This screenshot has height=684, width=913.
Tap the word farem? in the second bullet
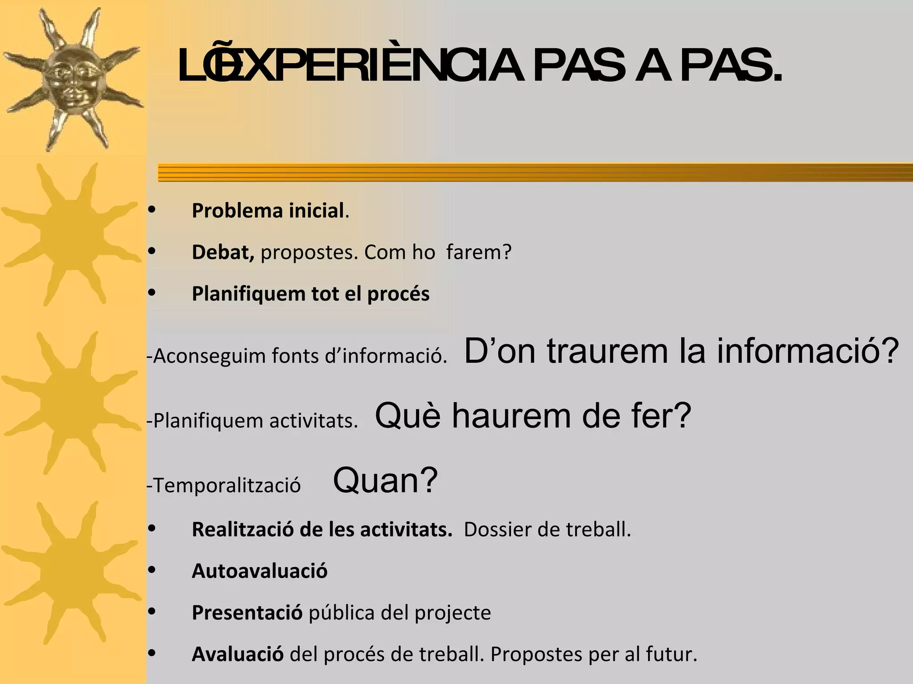479,252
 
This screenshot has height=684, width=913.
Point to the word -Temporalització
224,485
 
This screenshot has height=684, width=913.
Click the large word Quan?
385,480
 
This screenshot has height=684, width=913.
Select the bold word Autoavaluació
259,571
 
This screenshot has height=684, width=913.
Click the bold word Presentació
247,613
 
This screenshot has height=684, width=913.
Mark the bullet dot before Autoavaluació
152,570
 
